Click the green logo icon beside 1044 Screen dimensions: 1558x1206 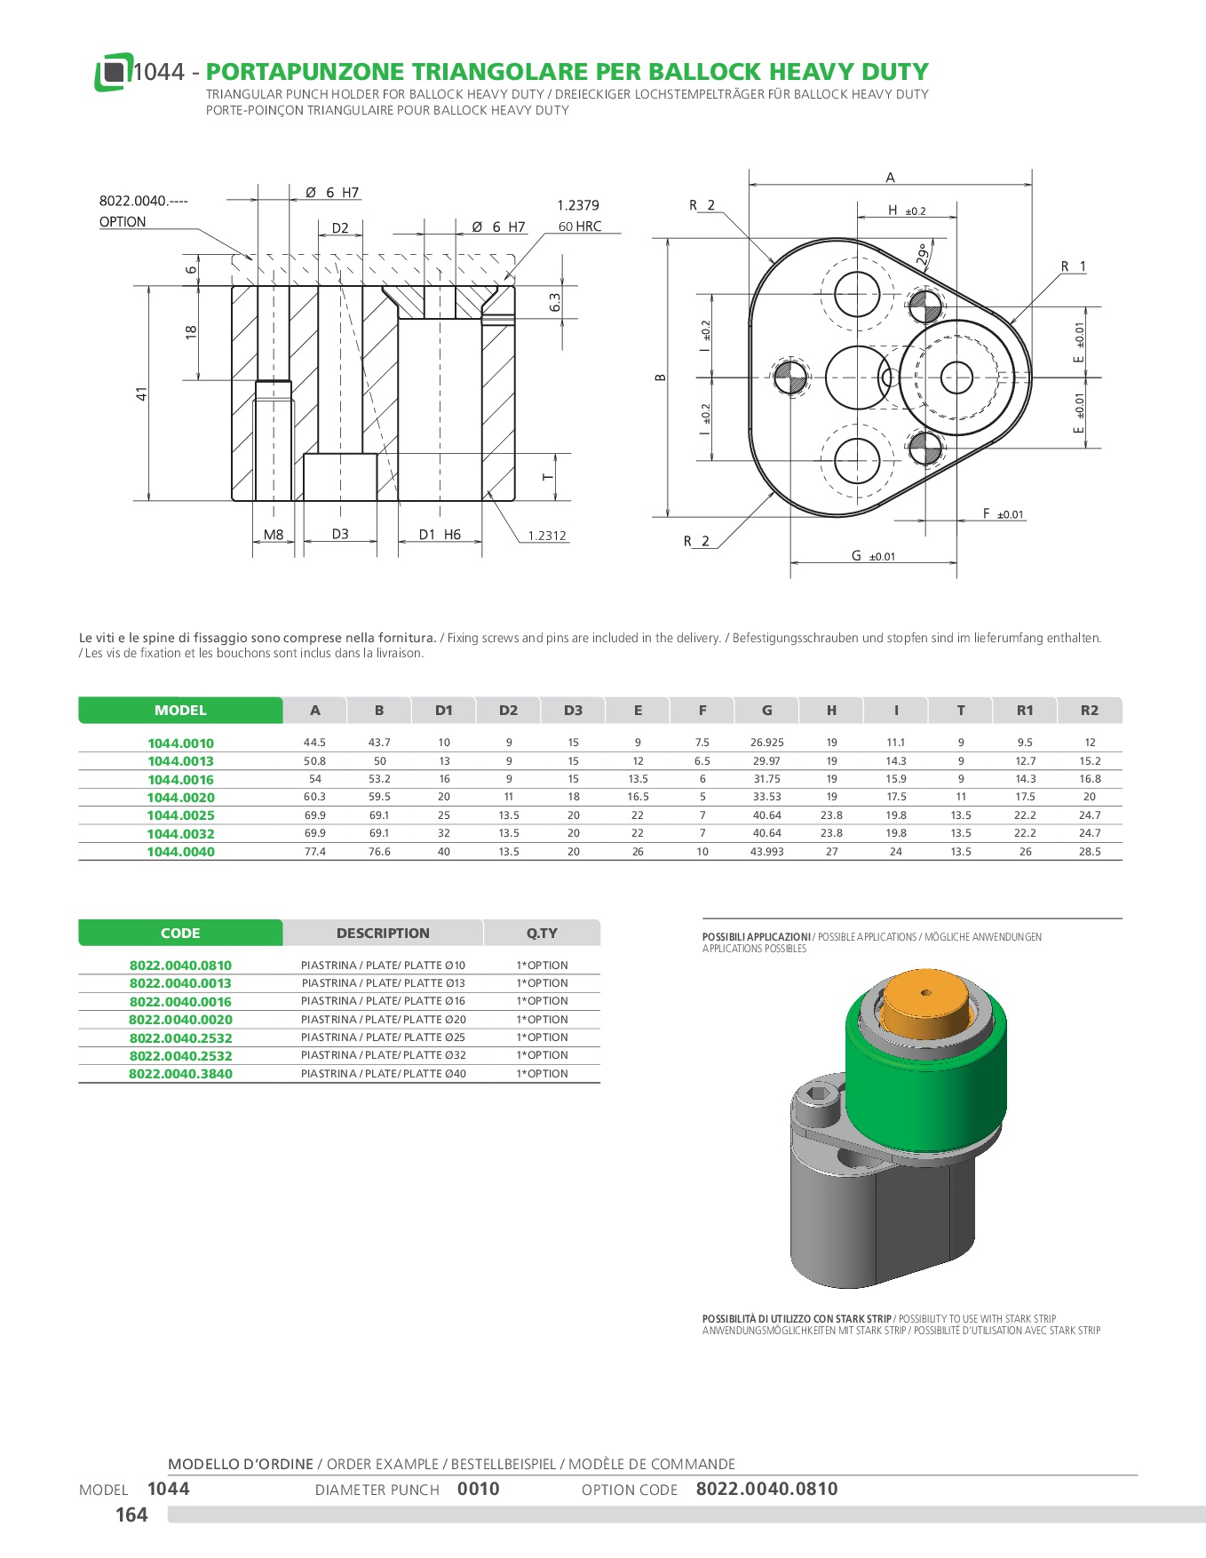coord(113,72)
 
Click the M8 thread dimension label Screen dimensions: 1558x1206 coord(274,535)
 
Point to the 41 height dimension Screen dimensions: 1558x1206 coord(141,393)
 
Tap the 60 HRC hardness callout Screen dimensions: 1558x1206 coord(580,227)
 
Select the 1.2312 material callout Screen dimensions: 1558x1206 coord(547,536)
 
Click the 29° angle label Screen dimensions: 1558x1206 coord(924,255)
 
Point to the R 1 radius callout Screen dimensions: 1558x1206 coord(1073,266)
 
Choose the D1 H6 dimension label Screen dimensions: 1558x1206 coord(440,535)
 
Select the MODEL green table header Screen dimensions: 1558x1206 coord(180,711)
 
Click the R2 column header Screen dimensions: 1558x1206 coord(1090,711)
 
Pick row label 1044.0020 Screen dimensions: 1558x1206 coord(180,798)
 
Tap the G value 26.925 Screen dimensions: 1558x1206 coord(767,743)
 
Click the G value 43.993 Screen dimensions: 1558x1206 coord(767,852)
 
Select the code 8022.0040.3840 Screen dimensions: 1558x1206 coord(180,1074)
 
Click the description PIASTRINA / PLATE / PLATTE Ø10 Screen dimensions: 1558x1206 coord(383,966)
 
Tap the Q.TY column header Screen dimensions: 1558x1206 coord(542,934)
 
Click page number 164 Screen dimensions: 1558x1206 coord(131,1514)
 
